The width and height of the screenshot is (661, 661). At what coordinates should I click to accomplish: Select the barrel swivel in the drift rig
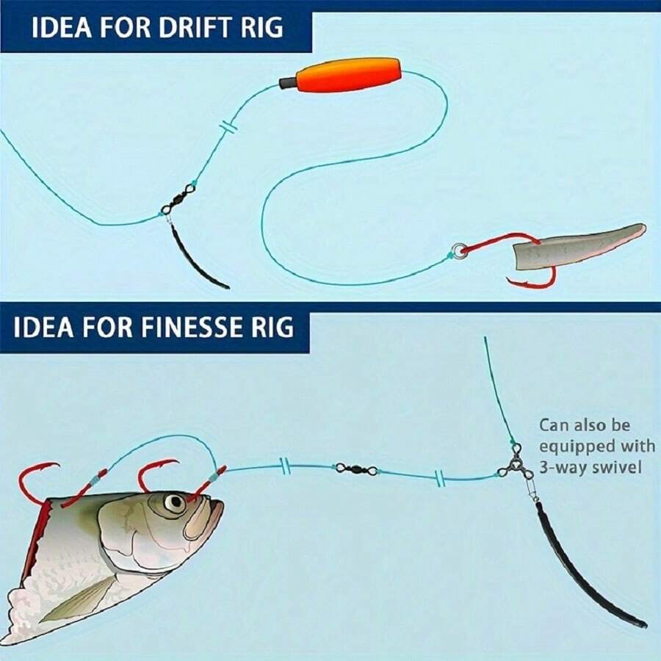click(x=179, y=198)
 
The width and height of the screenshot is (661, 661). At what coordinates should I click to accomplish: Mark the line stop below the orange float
click(x=229, y=129)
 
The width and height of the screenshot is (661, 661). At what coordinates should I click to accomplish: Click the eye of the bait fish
click(x=175, y=503)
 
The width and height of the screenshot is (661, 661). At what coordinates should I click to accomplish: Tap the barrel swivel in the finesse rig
click(x=356, y=469)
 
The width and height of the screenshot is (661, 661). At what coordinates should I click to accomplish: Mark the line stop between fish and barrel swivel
click(x=283, y=466)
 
